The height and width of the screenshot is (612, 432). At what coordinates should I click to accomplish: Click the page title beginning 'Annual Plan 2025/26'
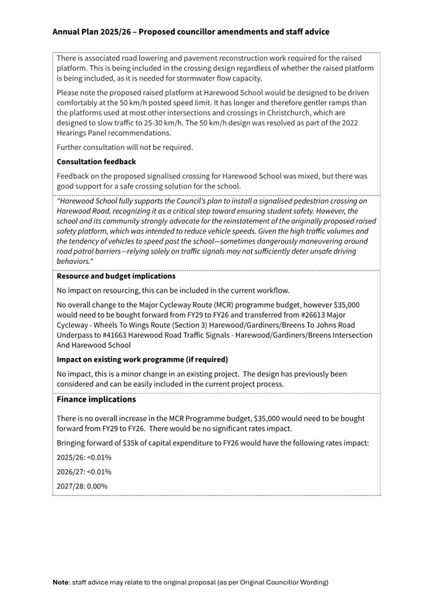coord(191,31)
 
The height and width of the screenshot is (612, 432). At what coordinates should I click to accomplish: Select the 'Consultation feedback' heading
coord(96,161)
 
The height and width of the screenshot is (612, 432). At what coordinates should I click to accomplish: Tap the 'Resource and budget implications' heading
coord(116,276)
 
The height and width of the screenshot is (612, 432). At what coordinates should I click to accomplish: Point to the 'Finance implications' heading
coord(96,399)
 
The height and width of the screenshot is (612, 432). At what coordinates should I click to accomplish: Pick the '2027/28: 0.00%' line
coord(82,486)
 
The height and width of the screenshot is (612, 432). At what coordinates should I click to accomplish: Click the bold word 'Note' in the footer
coord(61,583)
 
